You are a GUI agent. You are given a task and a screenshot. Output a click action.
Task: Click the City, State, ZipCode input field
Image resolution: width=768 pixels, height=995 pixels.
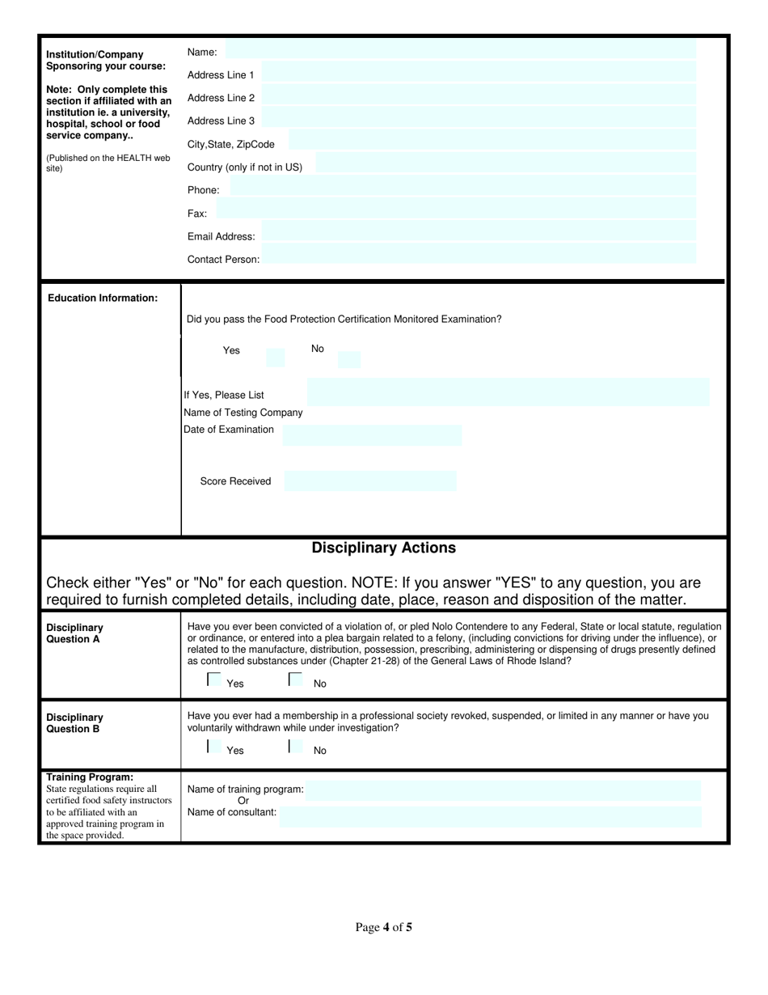pyautogui.click(x=492, y=143)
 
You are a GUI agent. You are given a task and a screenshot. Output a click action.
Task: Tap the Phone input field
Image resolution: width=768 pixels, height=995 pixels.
pyautogui.click(x=462, y=188)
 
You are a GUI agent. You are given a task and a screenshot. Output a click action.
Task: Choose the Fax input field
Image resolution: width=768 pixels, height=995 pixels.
pyautogui.click(x=456, y=211)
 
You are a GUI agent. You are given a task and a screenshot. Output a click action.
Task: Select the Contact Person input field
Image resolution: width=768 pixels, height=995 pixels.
pyautogui.click(x=479, y=258)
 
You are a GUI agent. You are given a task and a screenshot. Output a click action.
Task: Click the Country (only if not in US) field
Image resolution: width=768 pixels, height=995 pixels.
pyautogui.click(x=504, y=165)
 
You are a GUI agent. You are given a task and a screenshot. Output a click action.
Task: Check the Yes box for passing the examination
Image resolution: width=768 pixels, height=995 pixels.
pyautogui.click(x=276, y=358)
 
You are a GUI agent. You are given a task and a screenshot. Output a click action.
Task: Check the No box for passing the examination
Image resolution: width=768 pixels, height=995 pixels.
pyautogui.click(x=349, y=358)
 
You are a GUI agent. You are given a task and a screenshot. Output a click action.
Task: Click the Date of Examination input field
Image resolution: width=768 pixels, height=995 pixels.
pyautogui.click(x=372, y=435)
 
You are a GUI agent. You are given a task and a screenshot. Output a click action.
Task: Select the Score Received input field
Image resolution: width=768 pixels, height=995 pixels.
pyautogui.click(x=370, y=481)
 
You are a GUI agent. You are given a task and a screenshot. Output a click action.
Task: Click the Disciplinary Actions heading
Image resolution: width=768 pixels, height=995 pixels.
pyautogui.click(x=383, y=548)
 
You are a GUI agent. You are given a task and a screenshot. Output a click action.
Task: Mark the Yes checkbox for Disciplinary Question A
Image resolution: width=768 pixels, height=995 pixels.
pyautogui.click(x=214, y=680)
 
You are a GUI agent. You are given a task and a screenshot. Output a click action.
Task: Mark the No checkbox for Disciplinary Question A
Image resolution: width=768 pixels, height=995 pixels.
pyautogui.click(x=296, y=680)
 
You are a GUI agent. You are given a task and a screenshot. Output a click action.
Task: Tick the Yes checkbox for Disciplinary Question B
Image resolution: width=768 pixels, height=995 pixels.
pyautogui.click(x=214, y=747)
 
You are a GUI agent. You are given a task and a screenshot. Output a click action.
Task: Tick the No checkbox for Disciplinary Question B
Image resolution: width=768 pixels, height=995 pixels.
pyautogui.click(x=296, y=747)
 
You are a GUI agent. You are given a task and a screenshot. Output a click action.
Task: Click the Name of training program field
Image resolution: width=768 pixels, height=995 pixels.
pyautogui.click(x=503, y=790)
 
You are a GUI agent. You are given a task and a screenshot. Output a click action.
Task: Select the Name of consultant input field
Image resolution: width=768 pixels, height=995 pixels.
pyautogui.click(x=490, y=816)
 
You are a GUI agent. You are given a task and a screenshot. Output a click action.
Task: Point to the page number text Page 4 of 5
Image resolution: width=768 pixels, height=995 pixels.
pyautogui.click(x=383, y=928)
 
